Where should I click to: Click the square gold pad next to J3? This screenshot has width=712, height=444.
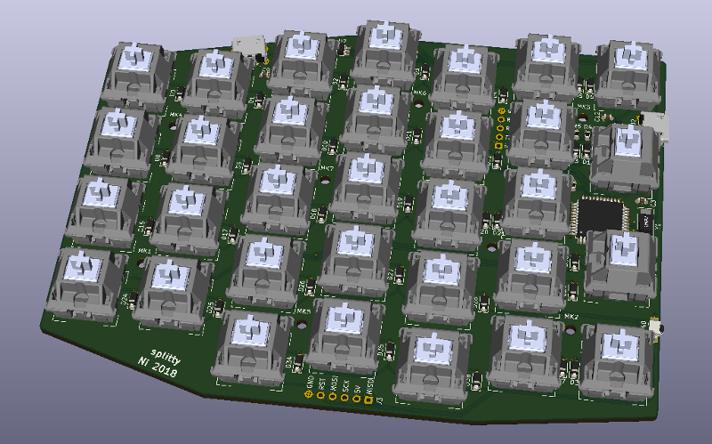[x=368, y=401]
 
